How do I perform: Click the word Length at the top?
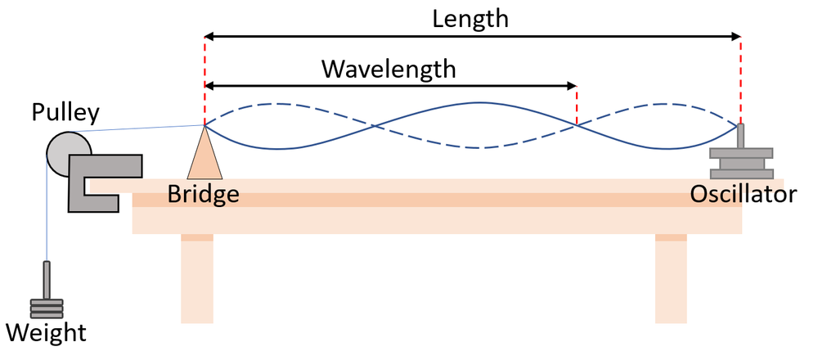click(x=472, y=18)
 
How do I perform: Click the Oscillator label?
click(x=743, y=195)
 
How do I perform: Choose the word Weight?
click(x=46, y=333)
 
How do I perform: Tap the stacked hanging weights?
click(x=46, y=308)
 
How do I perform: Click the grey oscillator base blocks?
click(x=741, y=163)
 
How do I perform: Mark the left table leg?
click(x=196, y=278)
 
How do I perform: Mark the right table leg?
click(x=671, y=278)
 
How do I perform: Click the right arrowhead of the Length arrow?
click(x=735, y=36)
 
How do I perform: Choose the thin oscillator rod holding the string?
click(x=741, y=136)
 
